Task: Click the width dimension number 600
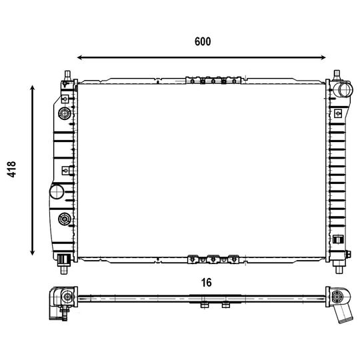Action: pyautogui.click(x=203, y=41)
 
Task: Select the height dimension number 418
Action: pyautogui.click(x=11, y=169)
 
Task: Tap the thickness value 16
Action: pyautogui.click(x=206, y=283)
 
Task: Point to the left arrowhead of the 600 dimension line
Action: pyautogui.click(x=80, y=57)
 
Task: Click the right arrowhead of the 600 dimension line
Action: pyautogui.click(x=323, y=57)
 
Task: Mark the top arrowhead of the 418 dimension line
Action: pyautogui.click(x=33, y=88)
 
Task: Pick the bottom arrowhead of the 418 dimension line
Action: pyautogui.click(x=33, y=253)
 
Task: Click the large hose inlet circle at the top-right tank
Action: pyautogui.click(x=342, y=90)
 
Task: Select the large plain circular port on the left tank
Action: pyautogui.click(x=57, y=192)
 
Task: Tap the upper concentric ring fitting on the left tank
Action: pyautogui.click(x=65, y=113)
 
